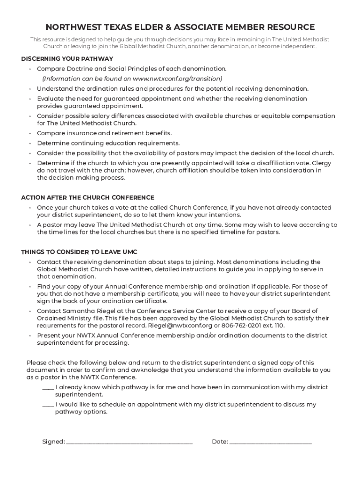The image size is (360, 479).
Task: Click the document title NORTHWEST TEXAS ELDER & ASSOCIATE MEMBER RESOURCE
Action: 180,27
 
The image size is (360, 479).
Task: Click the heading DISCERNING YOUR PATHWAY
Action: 67,59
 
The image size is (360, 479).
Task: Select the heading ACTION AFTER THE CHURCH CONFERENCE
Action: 87,197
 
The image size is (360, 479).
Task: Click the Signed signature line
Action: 130,442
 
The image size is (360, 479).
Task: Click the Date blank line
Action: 270,442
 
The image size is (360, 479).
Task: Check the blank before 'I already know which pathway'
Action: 48,387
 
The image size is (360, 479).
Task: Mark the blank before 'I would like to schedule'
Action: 48,405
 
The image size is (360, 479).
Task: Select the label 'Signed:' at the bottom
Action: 53,442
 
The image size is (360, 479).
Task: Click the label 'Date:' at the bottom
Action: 220,442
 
